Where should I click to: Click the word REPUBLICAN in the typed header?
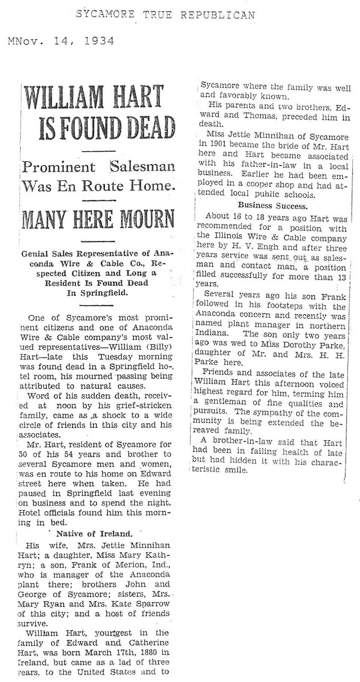point(218,15)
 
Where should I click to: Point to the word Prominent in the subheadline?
point(59,166)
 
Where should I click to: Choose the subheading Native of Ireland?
point(94,533)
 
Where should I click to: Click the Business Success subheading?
point(273,205)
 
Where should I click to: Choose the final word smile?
point(236,470)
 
